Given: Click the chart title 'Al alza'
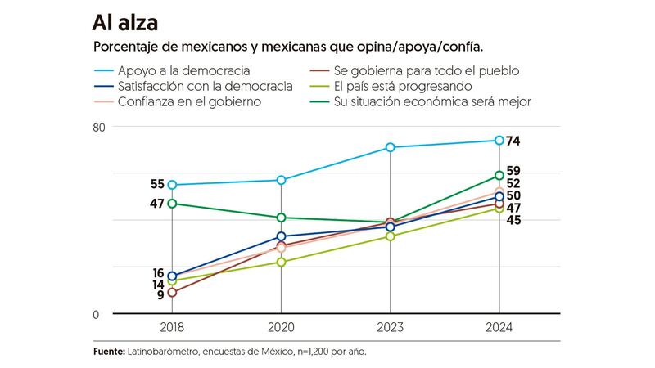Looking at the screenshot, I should coord(128,21).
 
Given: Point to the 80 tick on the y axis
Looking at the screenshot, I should coord(100,128).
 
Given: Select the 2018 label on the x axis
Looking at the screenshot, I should coord(172,328).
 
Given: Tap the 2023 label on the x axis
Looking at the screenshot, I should coord(390,328).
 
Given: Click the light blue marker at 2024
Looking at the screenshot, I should coord(499,141).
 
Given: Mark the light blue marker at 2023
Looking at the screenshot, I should coord(390,147).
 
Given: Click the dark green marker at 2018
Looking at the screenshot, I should coord(172,204).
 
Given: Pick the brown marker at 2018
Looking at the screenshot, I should coord(172,292).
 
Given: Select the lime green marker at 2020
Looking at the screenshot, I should coord(281,262).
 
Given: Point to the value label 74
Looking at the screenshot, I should coord(514,141).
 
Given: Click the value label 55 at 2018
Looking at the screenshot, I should coord(157,185).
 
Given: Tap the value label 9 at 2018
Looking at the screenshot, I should coord(160,295).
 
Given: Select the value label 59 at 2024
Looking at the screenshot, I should coord(514,171).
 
